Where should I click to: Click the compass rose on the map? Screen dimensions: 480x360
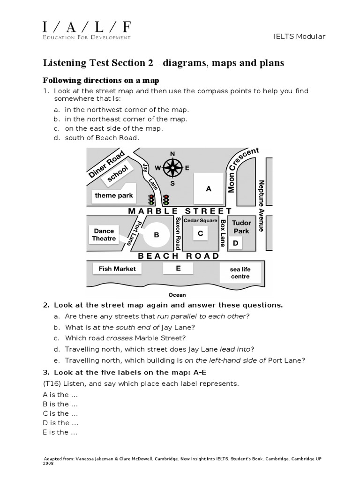click(172, 167)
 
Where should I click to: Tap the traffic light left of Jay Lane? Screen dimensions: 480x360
click(151, 199)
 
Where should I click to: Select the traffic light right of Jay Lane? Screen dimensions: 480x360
click(166, 200)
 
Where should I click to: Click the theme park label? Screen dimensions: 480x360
click(114, 195)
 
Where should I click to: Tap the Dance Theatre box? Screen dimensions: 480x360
click(104, 235)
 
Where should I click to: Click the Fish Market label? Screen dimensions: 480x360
click(117, 269)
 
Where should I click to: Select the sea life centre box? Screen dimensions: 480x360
click(240, 273)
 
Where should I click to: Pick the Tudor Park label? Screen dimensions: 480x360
click(241, 227)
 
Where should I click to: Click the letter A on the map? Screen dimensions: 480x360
click(209, 189)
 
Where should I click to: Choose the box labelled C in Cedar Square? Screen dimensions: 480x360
click(200, 233)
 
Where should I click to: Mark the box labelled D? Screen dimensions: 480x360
click(236, 243)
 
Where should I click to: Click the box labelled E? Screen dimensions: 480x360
click(178, 268)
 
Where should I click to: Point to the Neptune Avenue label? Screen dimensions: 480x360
click(261, 206)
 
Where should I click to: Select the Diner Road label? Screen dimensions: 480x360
click(106, 164)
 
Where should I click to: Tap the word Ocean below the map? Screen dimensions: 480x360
click(177, 295)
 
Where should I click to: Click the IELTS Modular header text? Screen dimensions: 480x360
click(306, 37)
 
